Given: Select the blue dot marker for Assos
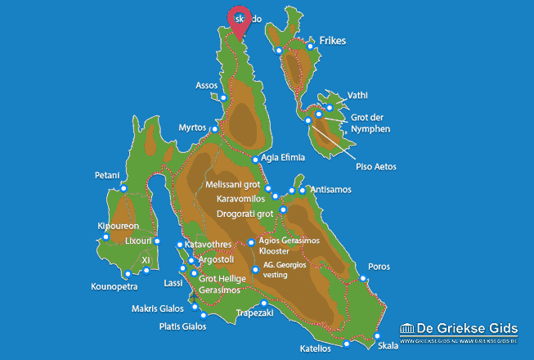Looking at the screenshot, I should [x=222, y=98].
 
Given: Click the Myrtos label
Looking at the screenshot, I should [x=193, y=128].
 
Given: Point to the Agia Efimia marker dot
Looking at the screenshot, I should [x=256, y=160].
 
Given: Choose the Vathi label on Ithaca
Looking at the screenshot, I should [x=358, y=95].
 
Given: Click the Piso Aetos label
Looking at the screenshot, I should [x=375, y=167].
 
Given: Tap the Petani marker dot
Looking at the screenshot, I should [x=123, y=189].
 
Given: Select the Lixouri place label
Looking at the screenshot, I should [x=136, y=241].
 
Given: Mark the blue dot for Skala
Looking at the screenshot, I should [x=378, y=336].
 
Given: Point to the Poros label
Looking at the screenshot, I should [x=379, y=267].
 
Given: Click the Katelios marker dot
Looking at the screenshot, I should [x=347, y=344].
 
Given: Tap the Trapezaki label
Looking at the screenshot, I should [x=253, y=313].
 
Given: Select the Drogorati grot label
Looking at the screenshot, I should [x=245, y=214].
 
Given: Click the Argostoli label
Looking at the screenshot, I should [x=216, y=259].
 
